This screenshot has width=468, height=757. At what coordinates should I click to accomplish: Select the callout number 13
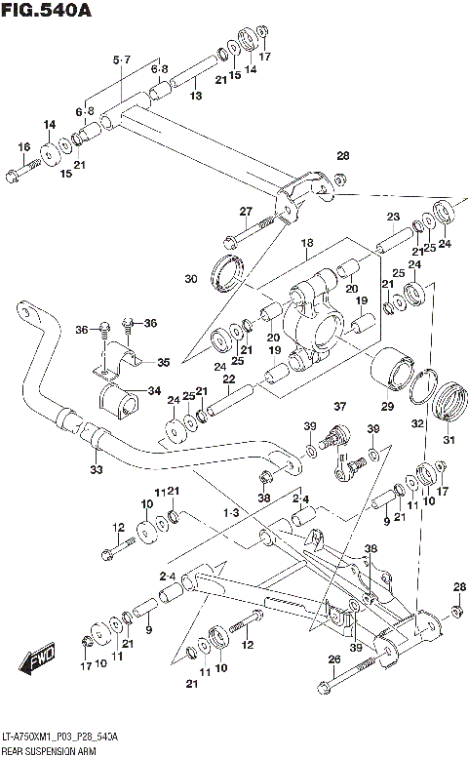(196, 96)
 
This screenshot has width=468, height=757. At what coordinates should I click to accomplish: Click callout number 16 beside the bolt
(24, 147)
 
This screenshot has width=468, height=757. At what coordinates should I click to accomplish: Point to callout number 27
(246, 212)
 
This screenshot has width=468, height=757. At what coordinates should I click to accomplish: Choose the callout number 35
(163, 362)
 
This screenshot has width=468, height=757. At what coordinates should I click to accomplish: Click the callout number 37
(340, 407)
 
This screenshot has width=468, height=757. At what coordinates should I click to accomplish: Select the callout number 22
(228, 379)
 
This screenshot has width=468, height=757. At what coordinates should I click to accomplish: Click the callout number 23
(393, 217)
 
